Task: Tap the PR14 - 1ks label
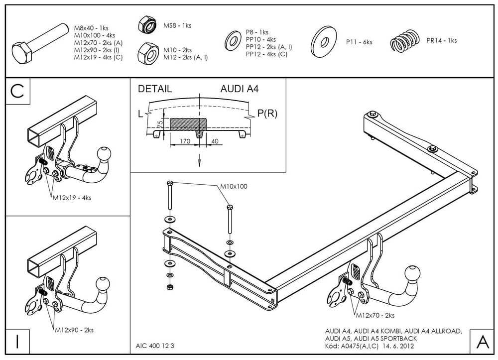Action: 441,41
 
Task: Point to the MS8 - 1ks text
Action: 178,25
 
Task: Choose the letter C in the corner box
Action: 17,91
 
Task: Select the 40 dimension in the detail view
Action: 215,141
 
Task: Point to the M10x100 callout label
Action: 234,187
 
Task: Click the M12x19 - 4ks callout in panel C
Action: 72,198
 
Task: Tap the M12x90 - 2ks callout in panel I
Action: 74,330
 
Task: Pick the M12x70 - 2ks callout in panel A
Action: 374,315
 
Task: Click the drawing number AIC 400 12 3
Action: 155,346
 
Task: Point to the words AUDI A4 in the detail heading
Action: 240,90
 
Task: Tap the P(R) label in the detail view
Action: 267,114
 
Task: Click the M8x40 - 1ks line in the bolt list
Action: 92,28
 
